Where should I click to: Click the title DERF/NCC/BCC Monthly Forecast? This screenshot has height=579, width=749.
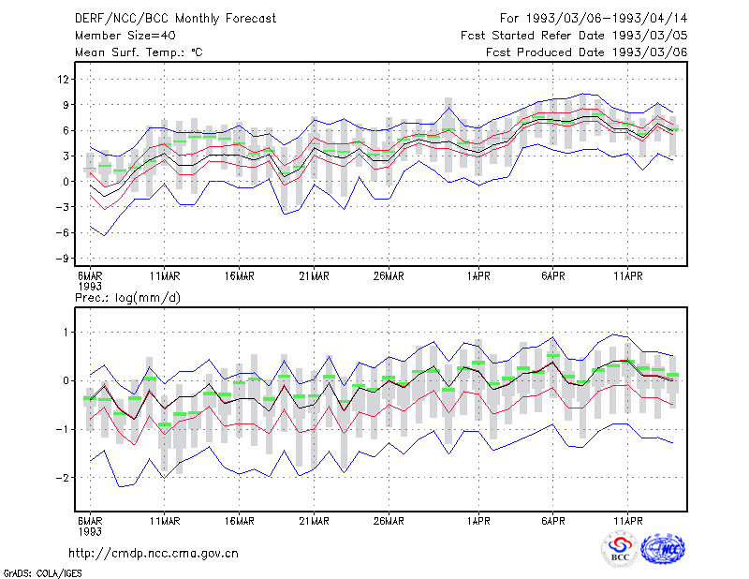pos(175,19)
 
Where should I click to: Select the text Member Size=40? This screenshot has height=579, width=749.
pos(125,36)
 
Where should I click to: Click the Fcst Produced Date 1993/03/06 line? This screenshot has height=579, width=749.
pos(587,52)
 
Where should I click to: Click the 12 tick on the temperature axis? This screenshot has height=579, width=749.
pos(63,79)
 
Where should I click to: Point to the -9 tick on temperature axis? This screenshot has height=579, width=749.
pos(62,259)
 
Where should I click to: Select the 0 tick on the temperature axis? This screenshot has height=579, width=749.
pos(66,181)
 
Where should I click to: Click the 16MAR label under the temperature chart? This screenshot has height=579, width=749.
pos(240,276)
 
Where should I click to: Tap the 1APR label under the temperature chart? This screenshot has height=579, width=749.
pos(478,276)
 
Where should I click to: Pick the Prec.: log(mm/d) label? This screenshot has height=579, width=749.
pos(127,298)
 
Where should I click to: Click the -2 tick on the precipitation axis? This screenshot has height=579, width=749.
pos(62,478)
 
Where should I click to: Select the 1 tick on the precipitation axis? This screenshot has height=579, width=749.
pos(66,333)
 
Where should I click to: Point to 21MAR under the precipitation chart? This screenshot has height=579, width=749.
pos(314,521)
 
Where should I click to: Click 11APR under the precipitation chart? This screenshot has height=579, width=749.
pos(627,521)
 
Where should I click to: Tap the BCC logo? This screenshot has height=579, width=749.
pos(620,550)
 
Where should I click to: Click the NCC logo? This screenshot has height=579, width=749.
pos(663,549)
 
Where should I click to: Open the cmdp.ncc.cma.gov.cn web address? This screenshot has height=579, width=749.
pos(154,554)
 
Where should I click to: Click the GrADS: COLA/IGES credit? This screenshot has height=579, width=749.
pos(43,573)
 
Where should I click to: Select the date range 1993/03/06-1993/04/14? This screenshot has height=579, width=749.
pos(607,19)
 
